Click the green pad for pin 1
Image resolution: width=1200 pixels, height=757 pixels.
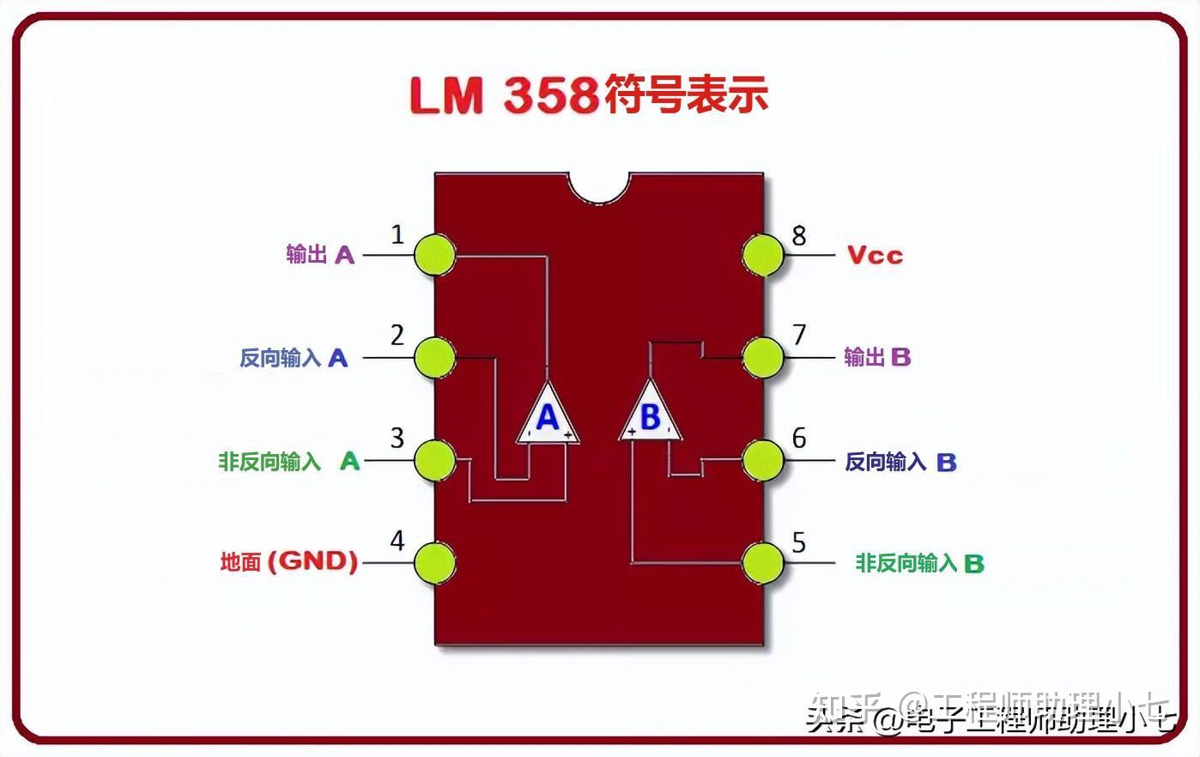434,255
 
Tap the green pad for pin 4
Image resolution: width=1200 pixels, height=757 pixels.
434,563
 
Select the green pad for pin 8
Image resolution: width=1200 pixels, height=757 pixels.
762,255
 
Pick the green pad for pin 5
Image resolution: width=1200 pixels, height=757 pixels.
762,563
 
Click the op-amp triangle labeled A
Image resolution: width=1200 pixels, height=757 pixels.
548,416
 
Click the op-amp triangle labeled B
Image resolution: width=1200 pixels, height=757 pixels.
651,416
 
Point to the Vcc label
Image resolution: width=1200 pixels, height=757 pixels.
875,255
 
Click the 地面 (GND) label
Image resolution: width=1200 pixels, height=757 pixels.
288,562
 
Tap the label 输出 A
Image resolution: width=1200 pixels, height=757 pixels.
319,254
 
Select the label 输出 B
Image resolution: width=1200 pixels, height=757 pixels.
877,357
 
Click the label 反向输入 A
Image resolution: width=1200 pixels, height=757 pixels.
294,358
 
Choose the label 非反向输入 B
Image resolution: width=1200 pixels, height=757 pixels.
919,563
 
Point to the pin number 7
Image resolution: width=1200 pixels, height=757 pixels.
799,334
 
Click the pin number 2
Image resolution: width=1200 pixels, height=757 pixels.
397,335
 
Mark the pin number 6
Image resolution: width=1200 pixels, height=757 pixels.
799,439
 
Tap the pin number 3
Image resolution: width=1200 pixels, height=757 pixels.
397,439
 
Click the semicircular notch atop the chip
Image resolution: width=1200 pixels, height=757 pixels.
598,186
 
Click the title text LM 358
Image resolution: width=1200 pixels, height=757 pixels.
504,95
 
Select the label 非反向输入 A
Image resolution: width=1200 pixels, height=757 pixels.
288,462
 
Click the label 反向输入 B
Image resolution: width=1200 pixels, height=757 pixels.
900,462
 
